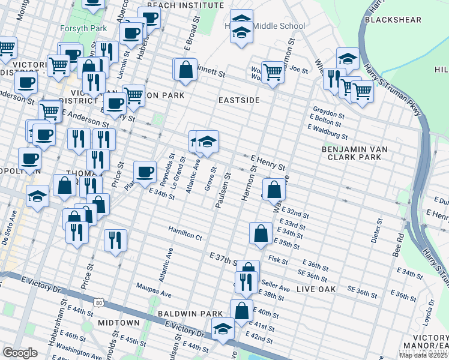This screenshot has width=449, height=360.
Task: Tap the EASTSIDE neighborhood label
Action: (x=238, y=100)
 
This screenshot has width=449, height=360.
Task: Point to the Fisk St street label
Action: (x=279, y=259)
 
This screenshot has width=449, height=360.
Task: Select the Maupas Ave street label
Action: (x=154, y=286)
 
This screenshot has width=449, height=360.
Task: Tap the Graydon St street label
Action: (x=328, y=115)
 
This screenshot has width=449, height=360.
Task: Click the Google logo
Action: (x=20, y=353)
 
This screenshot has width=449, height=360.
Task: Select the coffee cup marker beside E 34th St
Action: (x=144, y=172)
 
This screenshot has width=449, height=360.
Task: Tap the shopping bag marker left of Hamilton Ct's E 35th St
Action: (x=261, y=233)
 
